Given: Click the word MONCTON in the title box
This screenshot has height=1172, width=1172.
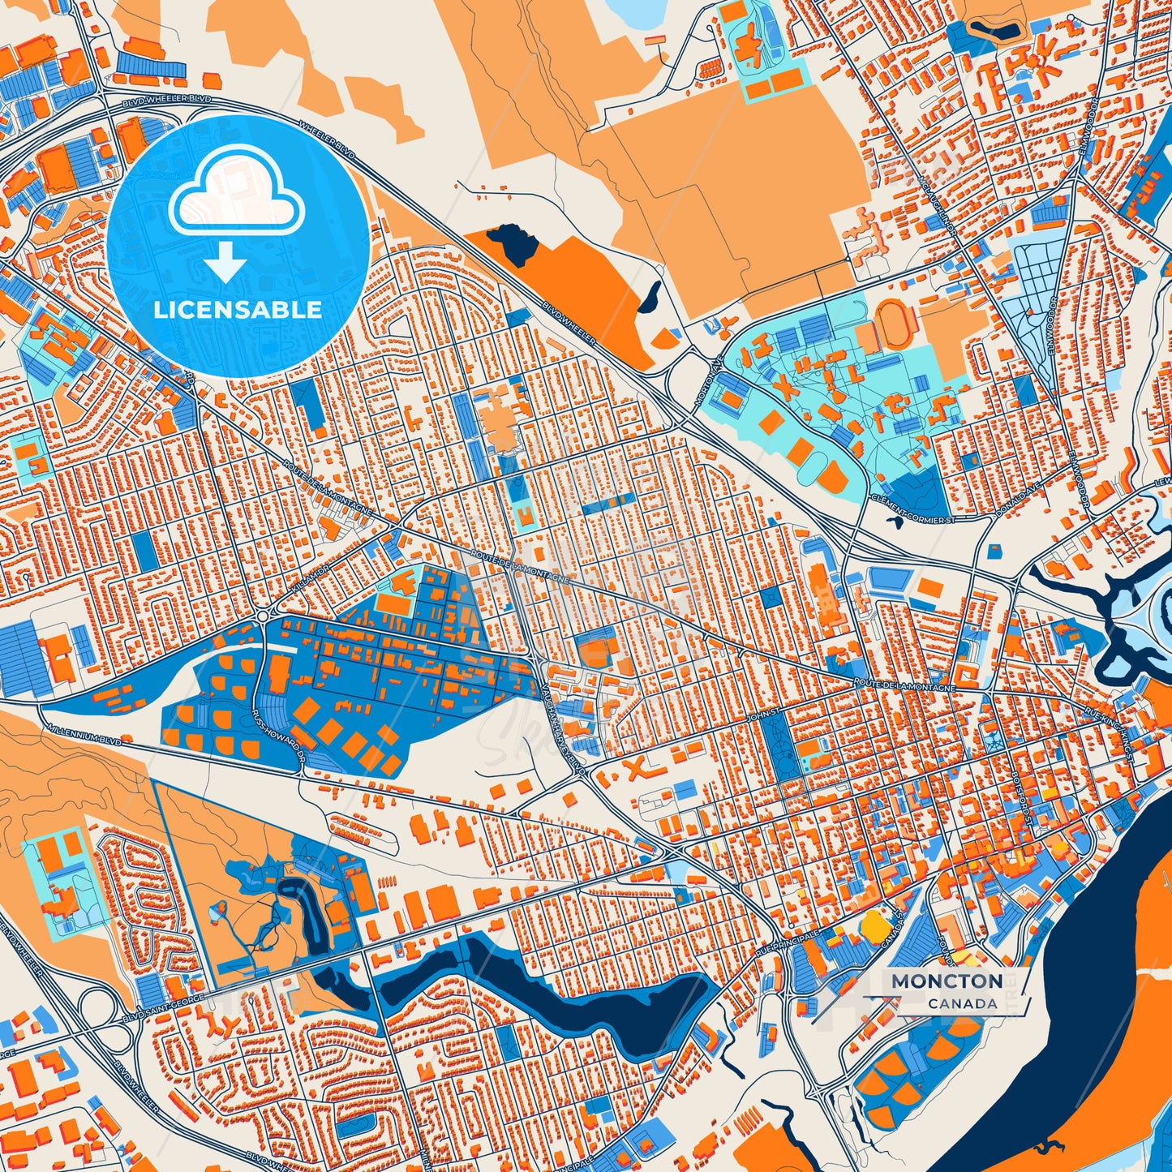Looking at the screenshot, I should pyautogui.click(x=947, y=981).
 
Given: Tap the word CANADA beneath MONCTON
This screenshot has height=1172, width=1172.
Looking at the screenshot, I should pyautogui.click(x=963, y=1003).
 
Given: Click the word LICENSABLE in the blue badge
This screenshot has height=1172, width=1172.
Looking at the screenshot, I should pyautogui.click(x=238, y=309).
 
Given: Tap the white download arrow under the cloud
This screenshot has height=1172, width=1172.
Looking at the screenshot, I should pyautogui.click(x=225, y=263).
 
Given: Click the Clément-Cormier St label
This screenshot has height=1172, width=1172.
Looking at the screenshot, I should pyautogui.click(x=908, y=509).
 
